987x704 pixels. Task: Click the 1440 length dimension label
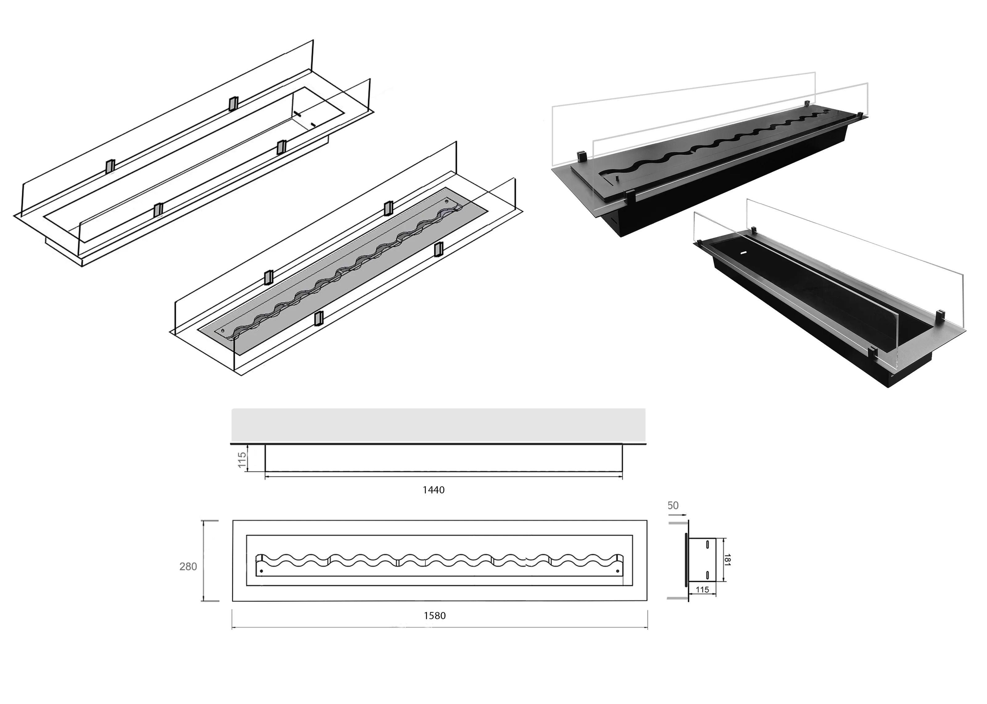click(x=433, y=490)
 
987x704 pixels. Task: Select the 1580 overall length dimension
click(x=435, y=616)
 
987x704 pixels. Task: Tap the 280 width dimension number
click(x=188, y=567)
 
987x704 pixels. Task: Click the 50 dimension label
click(x=673, y=505)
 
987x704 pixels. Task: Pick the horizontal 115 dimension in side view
click(x=702, y=590)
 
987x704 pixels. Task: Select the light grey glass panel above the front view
click(x=438, y=424)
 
